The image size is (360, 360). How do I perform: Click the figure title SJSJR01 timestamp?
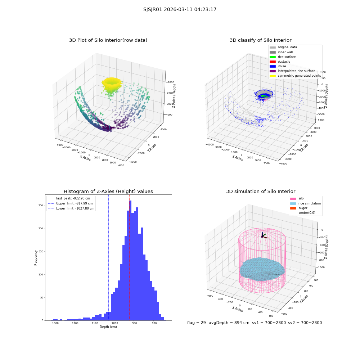180,10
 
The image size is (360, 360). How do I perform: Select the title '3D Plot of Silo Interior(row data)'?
108,40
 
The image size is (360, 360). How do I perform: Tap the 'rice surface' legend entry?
282,57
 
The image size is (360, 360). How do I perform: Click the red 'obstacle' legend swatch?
273,62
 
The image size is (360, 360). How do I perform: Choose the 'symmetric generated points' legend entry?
295,76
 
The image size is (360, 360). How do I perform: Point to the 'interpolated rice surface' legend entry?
292,71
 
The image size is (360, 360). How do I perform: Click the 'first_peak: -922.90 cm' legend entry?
69,198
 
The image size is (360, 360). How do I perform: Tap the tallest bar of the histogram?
130,260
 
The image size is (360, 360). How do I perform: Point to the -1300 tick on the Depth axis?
54,323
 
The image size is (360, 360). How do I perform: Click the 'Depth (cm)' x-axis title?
108,327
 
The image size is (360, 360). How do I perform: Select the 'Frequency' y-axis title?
36,258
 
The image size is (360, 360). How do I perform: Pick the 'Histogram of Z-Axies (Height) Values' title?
108,192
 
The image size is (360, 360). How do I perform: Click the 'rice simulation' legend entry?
305,203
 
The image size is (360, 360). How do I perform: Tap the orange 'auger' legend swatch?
293,208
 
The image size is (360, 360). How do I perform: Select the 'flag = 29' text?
196,323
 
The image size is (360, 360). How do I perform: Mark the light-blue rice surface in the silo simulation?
262,269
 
